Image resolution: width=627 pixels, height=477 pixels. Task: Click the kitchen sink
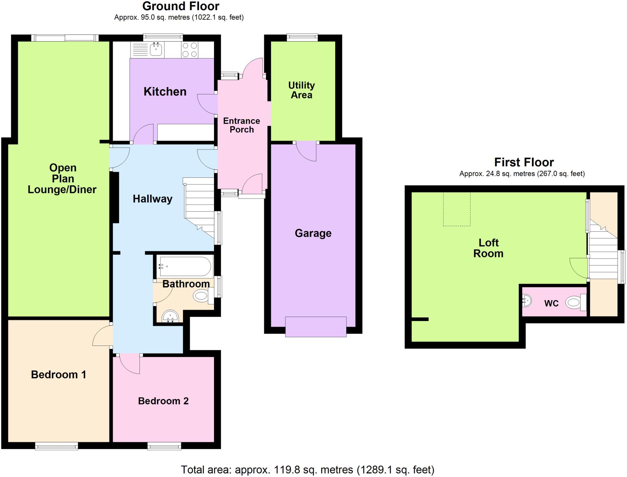click(x=156, y=49)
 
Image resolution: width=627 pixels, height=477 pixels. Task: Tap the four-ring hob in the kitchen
click(x=190, y=50)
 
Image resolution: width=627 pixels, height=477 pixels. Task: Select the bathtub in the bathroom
click(x=184, y=266)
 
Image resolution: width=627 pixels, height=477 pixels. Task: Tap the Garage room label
click(x=313, y=233)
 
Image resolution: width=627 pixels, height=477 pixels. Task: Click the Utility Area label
click(x=302, y=90)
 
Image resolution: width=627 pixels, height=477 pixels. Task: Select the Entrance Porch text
click(x=242, y=125)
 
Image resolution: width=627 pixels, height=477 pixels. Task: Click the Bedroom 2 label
click(x=163, y=401)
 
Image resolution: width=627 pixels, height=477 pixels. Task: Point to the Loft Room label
click(x=488, y=248)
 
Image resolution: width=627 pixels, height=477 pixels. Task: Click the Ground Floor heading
click(x=181, y=6)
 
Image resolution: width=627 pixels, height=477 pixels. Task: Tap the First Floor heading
click(x=524, y=162)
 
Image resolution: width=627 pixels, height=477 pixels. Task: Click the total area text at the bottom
click(x=307, y=469)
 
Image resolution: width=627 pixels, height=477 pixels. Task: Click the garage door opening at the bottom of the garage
click(x=316, y=327)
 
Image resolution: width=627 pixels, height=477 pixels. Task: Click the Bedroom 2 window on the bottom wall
click(x=164, y=446)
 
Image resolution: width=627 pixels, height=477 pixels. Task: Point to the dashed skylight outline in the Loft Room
click(x=456, y=209)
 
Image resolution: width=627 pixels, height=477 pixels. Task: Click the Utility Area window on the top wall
click(x=302, y=37)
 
